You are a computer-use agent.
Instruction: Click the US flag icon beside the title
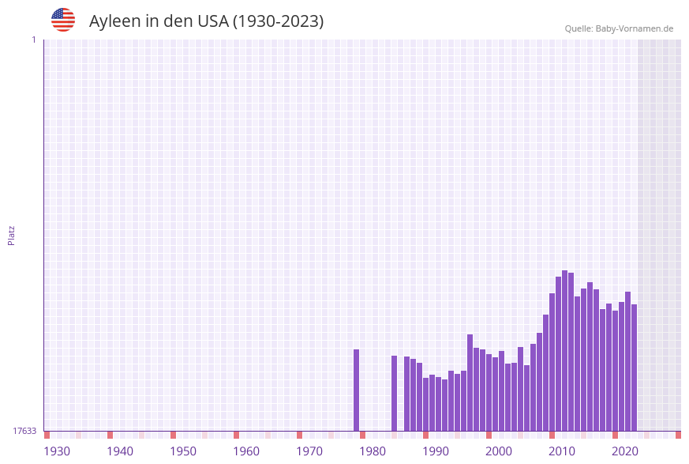pos(63,20)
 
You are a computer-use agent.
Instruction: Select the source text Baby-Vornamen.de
pos(635,28)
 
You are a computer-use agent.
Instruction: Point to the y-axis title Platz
pos(12,235)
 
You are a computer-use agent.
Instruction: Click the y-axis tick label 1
pos(33,40)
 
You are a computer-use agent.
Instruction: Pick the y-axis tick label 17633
pos(24,431)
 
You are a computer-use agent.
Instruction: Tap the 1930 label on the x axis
pos(57,451)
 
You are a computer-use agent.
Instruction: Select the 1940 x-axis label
pos(120,451)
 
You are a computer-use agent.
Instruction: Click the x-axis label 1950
pos(183,451)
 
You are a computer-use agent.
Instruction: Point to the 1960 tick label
pos(246,451)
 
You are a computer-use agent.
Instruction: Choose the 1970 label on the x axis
pos(309,451)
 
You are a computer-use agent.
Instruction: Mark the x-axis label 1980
pos(373,451)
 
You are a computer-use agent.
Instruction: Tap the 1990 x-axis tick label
pos(436,451)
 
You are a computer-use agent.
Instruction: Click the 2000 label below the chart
pos(499,451)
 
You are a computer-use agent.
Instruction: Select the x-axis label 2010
pos(562,451)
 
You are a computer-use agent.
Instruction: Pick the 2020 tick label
pos(625,451)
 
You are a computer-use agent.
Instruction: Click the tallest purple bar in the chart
pos(564,351)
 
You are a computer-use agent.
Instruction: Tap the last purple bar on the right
pos(634,368)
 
